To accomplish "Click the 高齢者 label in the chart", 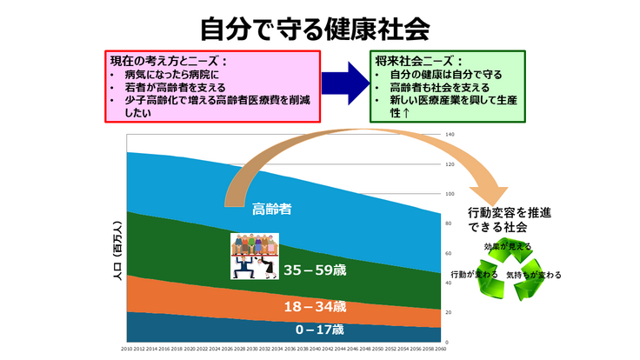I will (271, 209).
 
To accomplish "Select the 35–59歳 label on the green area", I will (315, 270).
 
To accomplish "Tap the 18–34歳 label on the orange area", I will (315, 307).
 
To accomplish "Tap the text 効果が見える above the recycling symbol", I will (508, 247).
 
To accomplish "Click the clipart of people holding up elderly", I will (254, 256).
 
